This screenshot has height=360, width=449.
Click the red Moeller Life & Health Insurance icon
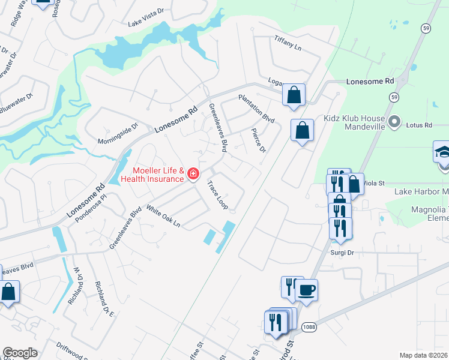point(193,175)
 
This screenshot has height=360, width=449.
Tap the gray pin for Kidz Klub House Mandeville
point(394,122)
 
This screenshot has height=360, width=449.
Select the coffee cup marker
point(307,290)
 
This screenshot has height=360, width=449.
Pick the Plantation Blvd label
point(256,109)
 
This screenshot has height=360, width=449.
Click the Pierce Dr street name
point(259,140)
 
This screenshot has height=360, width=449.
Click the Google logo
point(20,353)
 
